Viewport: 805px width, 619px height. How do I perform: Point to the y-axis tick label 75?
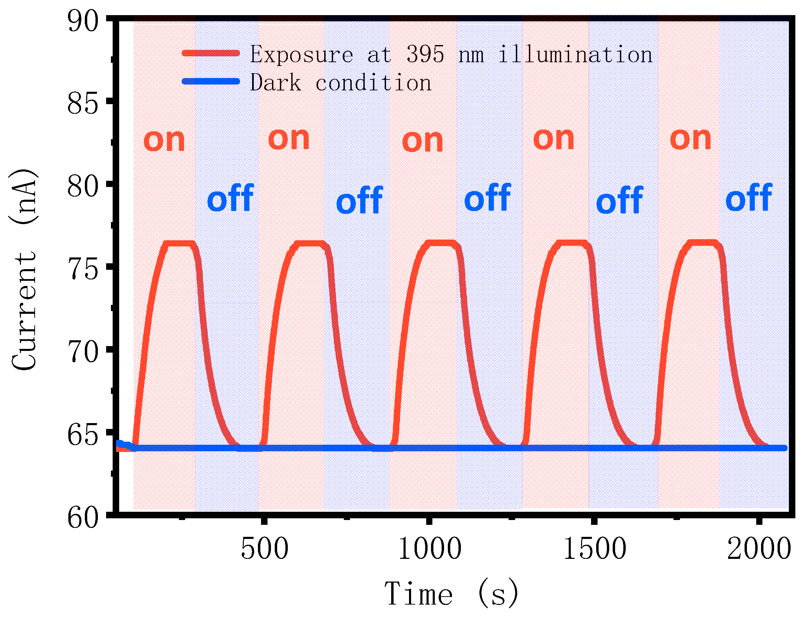click(x=83, y=269)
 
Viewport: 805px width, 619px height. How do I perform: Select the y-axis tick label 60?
click(x=83, y=518)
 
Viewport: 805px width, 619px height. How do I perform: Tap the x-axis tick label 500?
click(x=264, y=549)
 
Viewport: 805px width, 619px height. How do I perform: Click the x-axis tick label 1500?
click(x=595, y=549)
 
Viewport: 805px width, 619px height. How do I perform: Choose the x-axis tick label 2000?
click(x=759, y=549)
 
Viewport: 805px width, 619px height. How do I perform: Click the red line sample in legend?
click(x=211, y=53)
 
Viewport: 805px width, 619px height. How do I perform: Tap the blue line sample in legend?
click(x=211, y=81)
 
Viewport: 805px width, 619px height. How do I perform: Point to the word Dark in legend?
click(x=275, y=82)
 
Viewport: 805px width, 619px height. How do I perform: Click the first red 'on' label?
click(x=164, y=141)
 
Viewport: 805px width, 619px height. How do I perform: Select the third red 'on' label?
click(x=422, y=142)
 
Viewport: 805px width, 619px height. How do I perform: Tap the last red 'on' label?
click(x=691, y=139)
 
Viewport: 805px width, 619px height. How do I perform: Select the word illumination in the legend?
click(x=575, y=55)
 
